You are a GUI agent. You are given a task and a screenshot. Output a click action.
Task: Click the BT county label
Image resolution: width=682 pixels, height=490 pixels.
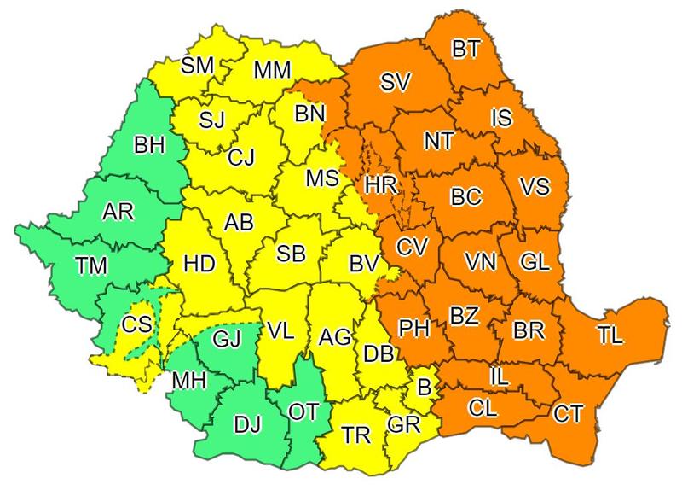[x=465, y=50]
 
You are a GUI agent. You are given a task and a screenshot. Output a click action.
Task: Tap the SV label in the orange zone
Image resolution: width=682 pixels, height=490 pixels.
[x=396, y=83]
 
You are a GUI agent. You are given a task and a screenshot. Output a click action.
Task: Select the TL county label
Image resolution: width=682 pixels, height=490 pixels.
[x=610, y=335]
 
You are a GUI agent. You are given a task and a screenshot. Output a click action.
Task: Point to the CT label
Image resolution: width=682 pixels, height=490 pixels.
[x=569, y=415]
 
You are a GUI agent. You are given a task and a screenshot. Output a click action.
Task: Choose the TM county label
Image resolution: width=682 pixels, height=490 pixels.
[x=90, y=265]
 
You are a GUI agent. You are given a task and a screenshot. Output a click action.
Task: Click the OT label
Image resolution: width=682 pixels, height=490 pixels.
[x=303, y=411]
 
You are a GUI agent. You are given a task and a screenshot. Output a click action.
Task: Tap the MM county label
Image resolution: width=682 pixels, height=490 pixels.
[x=272, y=70]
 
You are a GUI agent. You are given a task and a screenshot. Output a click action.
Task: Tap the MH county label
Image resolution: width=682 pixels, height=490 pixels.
[x=188, y=380]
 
